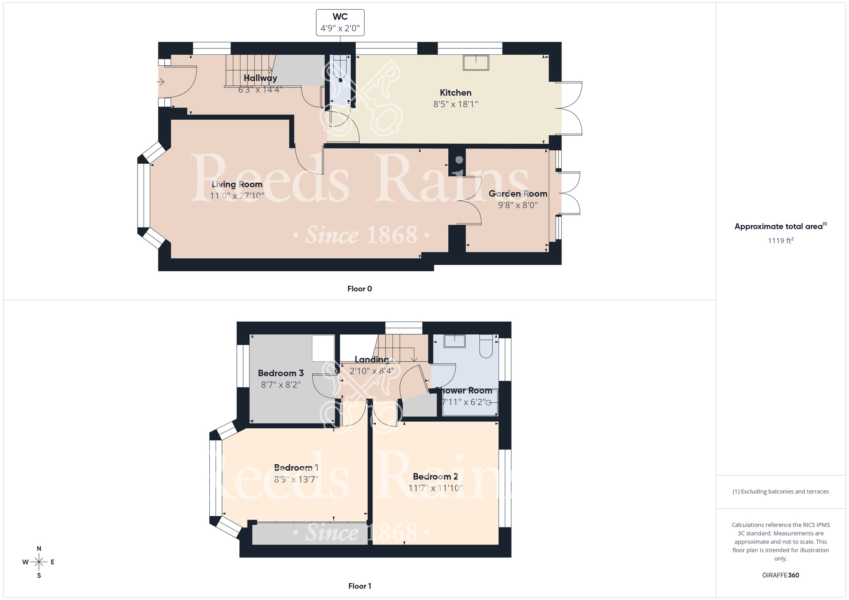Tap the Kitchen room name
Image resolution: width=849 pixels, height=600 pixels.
455,93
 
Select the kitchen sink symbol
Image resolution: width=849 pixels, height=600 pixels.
476,63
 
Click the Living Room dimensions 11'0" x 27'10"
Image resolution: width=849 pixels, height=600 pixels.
237,196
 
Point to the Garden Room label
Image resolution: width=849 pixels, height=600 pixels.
518,193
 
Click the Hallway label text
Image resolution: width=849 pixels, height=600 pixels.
260,78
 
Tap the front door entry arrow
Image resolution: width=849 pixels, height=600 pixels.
161,81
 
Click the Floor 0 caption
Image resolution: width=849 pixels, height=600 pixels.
360,289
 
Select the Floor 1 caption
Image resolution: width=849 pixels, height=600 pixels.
360,586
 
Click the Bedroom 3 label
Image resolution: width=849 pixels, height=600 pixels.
281,373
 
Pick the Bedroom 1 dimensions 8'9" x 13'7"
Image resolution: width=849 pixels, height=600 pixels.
296,479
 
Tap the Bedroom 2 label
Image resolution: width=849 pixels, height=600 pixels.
436,477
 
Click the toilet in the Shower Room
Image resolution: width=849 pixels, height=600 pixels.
486,346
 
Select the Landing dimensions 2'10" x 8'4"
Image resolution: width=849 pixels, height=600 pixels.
372,371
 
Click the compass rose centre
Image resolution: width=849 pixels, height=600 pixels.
39,562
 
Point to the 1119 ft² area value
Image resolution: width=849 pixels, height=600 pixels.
780,241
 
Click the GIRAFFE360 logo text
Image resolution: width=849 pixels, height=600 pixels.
780,575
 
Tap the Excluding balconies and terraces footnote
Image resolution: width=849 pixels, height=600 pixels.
780,491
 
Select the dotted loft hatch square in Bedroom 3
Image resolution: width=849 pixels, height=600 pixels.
323,348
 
